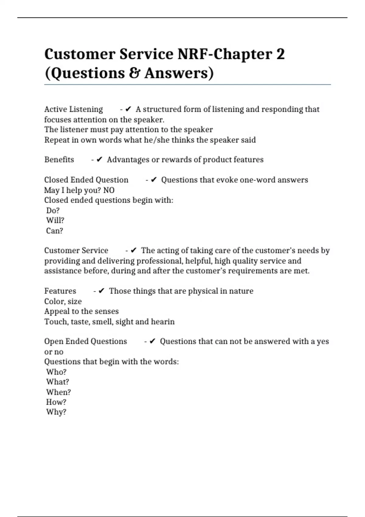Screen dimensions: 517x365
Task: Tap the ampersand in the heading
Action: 134,73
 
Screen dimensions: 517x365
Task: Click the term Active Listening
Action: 74,109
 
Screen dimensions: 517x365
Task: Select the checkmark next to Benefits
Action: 99,160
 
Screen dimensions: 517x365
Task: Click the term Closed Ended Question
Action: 86,180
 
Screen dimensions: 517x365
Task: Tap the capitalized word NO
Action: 109,190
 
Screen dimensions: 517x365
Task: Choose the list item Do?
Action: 53,210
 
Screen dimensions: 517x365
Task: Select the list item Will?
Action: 55,220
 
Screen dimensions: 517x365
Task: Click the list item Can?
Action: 54,231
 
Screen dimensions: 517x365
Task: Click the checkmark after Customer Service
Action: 134,251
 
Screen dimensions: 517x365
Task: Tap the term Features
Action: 60,291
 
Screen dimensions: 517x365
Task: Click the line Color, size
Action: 63,301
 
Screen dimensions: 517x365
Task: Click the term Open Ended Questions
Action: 85,342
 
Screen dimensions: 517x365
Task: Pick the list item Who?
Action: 56,372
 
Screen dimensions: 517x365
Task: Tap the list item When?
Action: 58,392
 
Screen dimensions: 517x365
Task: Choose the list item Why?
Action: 56,412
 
